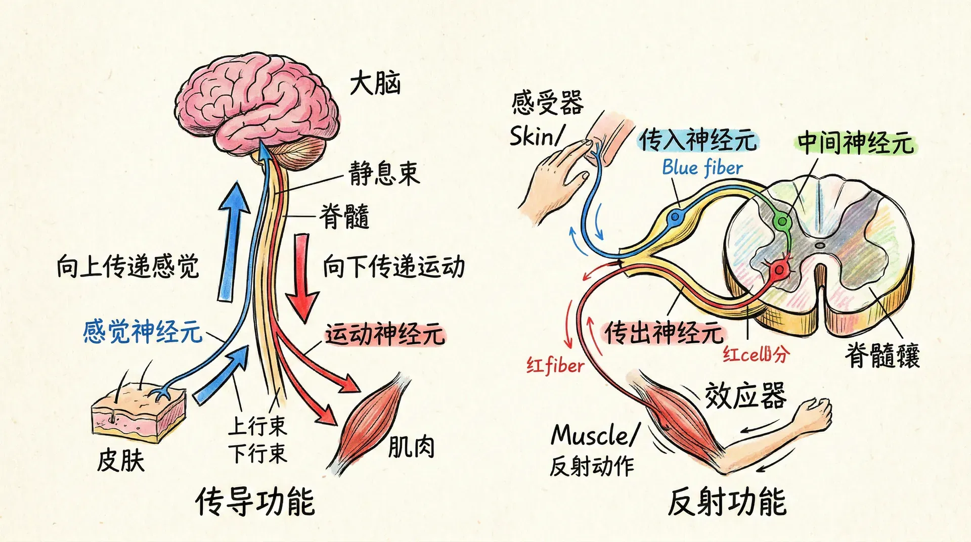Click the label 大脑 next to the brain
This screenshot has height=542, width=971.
point(375,83)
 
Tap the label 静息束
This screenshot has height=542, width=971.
point(384,173)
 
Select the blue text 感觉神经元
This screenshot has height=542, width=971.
point(142,332)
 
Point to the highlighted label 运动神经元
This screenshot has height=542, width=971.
point(384,334)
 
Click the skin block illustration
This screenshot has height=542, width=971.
point(138,412)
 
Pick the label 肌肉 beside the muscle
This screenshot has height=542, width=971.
point(411,447)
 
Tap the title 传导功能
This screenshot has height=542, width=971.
point(255,502)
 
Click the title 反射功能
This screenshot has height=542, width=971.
point(727,502)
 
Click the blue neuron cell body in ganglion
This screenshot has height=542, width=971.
point(675,217)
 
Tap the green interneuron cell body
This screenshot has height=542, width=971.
point(782,221)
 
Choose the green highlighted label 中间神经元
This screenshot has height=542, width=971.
point(856,143)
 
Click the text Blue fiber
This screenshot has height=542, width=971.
point(702,167)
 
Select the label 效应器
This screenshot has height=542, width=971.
point(745,395)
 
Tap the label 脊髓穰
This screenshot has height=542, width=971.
point(882,355)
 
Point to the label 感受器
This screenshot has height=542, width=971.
point(547,103)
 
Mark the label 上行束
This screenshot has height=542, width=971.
point(257,426)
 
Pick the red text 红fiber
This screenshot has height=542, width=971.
point(555,365)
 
